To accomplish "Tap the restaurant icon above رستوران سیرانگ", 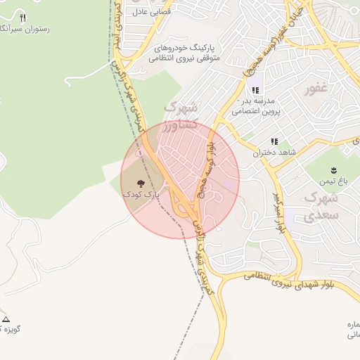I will point(22,17).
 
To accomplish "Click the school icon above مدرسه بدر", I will point(255,90).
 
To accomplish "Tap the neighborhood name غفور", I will point(317,90).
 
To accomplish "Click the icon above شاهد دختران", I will point(274,141).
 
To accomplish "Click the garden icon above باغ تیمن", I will point(333,170).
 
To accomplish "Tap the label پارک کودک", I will point(141,193).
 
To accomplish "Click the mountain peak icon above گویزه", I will point(6,319).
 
